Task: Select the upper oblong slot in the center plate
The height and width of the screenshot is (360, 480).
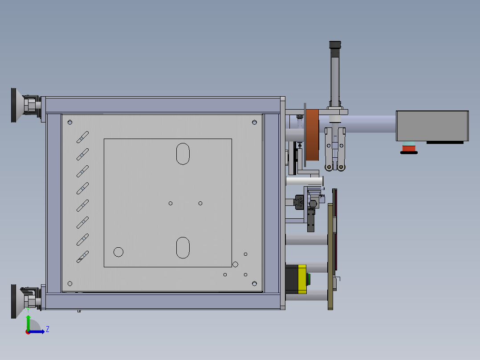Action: pyautogui.click(x=183, y=154)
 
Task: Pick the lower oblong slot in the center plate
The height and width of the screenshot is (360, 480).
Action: pyautogui.click(x=183, y=247)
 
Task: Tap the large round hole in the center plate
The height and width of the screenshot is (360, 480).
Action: pyautogui.click(x=118, y=252)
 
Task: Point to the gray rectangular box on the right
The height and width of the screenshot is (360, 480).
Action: pyautogui.click(x=432, y=126)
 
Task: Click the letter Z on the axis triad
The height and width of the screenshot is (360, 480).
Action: pyautogui.click(x=47, y=329)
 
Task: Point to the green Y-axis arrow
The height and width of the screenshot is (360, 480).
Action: pyautogui.click(x=28, y=321)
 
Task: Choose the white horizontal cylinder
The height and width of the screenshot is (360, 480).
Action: pyautogui.click(x=304, y=181)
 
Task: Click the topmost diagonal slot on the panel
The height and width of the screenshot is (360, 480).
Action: pyautogui.click(x=83, y=137)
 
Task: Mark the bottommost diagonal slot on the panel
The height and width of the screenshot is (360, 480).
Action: pyautogui.click(x=83, y=256)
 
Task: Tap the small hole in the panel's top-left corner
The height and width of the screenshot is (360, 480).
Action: pyautogui.click(x=70, y=122)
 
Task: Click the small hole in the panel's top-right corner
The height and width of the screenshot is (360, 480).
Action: pyautogui.click(x=254, y=122)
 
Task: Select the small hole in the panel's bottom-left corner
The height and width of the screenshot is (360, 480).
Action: pyautogui.click(x=70, y=283)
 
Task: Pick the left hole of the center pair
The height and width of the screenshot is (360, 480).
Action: pyautogui.click(x=171, y=203)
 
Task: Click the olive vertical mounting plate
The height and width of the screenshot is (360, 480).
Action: pyautogui.click(x=330, y=256)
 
